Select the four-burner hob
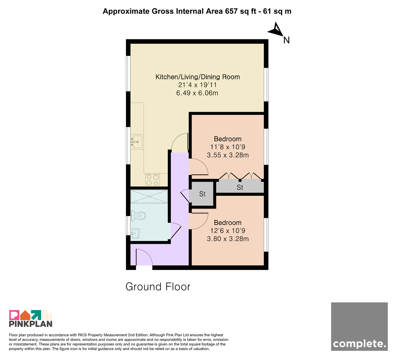pos(153,180)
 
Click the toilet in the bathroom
pos(138,216)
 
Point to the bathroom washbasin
pos(135,233)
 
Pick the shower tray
pos(149,197)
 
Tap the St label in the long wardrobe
pos(240,187)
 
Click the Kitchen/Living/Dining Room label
pos(198,77)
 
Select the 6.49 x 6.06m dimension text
pos(197,93)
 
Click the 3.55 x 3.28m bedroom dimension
pos(228,155)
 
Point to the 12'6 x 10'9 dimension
pos(228,231)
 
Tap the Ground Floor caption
pos(158,287)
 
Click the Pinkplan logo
pos(31,318)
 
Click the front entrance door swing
pos(144,257)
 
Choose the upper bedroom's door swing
pos(198,167)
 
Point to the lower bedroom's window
pos(266,235)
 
